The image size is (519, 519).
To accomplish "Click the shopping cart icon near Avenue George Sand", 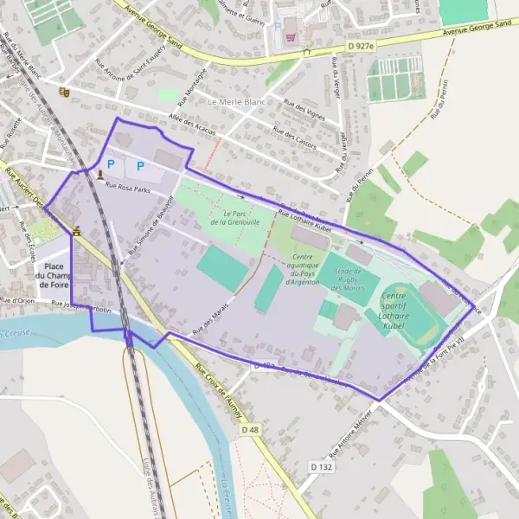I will pos(291,37).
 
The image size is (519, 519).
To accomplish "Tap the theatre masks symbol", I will pos(63,91).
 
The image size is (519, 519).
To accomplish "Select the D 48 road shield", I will pos(250,429).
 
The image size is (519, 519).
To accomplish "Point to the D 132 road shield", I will pos(320,466).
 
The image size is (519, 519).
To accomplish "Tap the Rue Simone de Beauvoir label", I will pos(145,234).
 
